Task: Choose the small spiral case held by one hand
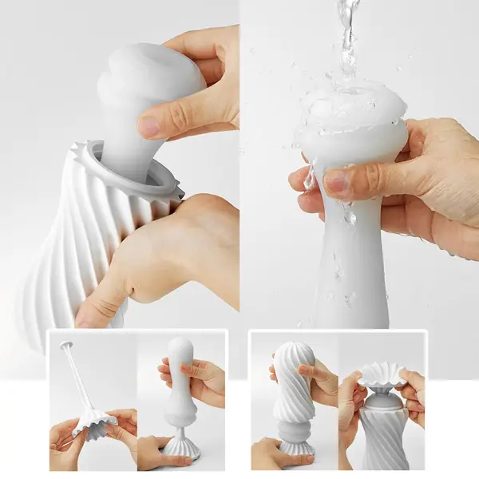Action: (291, 383)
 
